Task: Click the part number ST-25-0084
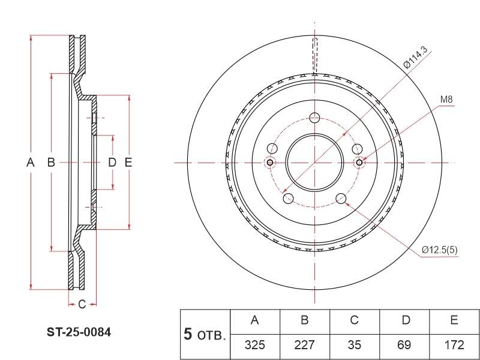pos(79,332)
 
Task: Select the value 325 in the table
pos(254,345)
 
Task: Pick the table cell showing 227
pos(304,345)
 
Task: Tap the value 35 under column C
pos(354,345)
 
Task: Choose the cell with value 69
pos(404,345)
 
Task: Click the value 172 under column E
pos(454,345)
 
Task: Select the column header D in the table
pos(406,320)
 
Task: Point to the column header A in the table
pos(254,320)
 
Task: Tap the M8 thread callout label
pos(446,100)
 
